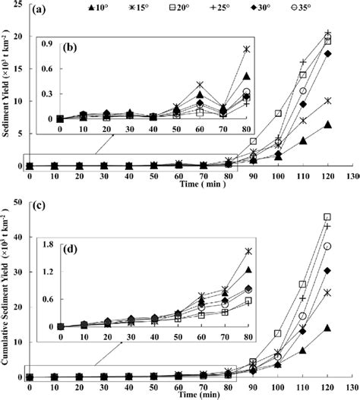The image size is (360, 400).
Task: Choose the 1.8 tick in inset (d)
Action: point(44,244)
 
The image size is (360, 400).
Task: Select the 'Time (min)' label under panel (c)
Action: point(179,396)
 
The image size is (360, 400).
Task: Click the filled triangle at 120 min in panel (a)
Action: point(327,124)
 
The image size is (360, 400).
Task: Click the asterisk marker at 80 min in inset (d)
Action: point(247,251)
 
